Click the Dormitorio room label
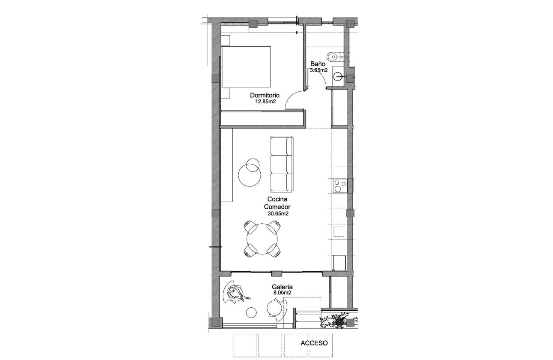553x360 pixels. click(265, 95)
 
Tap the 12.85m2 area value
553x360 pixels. click(265, 102)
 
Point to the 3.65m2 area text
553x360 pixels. click(319, 70)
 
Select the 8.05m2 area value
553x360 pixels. click(282, 293)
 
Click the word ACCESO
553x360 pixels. click(314, 343)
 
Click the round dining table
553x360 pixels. click(261, 238)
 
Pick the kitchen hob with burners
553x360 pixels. click(340, 186)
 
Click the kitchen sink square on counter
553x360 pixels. click(339, 231)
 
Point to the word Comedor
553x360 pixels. click(277, 206)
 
